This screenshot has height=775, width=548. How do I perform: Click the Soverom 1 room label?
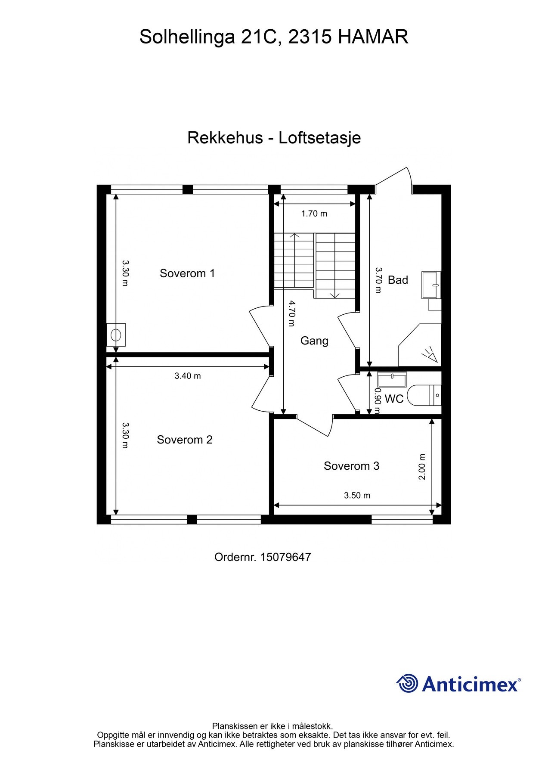pyautogui.click(x=187, y=273)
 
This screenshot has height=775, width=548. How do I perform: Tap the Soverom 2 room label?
pyautogui.click(x=185, y=440)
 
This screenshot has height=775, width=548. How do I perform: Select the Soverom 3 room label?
pyautogui.click(x=351, y=466)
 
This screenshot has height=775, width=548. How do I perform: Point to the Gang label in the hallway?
pyautogui.click(x=314, y=341)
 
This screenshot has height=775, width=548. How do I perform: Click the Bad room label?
pyautogui.click(x=398, y=280)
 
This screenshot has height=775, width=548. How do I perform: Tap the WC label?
pyautogui.click(x=394, y=399)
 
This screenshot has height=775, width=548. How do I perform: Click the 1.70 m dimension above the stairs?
pyautogui.click(x=314, y=214)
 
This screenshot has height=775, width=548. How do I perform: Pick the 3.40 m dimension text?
pyautogui.click(x=188, y=376)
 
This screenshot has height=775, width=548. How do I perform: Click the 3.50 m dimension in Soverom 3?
pyautogui.click(x=357, y=496)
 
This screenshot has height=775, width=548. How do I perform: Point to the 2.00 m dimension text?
pyautogui.click(x=422, y=467)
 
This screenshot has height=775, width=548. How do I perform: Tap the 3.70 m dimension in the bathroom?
pyautogui.click(x=378, y=280)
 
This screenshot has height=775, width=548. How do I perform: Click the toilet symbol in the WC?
pyautogui.click(x=424, y=395)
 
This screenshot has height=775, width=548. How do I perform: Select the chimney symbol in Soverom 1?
pyautogui.click(x=116, y=335)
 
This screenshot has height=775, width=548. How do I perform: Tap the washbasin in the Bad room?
pyautogui.click(x=431, y=285)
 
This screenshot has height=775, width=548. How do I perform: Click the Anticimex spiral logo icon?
pyautogui.click(x=407, y=683)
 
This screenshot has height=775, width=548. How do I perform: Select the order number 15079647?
pyautogui.click(x=285, y=557)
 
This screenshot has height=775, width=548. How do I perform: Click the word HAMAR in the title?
pyautogui.click(x=373, y=37)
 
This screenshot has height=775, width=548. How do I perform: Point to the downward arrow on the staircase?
pyautogui.click(x=335, y=294)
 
